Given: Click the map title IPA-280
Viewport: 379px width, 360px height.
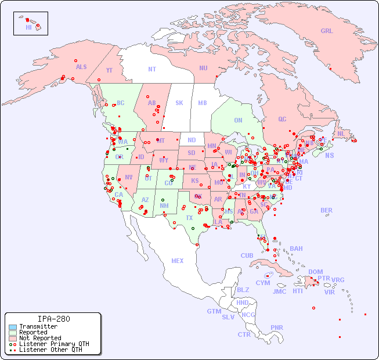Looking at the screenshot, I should pyautogui.click(x=53, y=319).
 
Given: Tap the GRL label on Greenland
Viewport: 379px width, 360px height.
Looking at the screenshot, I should pyautogui.click(x=327, y=31).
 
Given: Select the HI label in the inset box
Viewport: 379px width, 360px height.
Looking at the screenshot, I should pyautogui.click(x=28, y=27).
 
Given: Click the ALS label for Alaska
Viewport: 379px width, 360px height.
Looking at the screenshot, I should pyautogui.click(x=81, y=67).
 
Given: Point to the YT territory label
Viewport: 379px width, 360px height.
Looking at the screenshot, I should pyautogui.click(x=109, y=70).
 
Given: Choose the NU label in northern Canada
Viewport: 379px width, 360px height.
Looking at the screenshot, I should pyautogui.click(x=203, y=68).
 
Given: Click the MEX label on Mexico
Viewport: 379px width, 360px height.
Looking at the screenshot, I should pyautogui.click(x=178, y=261).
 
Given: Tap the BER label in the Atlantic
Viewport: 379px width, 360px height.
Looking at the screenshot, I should pyautogui.click(x=326, y=210).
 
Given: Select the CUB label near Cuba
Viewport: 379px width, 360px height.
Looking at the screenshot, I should pyautogui.click(x=247, y=255).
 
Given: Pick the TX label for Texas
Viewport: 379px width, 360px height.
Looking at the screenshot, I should pyautogui.click(x=189, y=218).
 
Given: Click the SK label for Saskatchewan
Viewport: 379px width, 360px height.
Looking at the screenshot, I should pyautogui.click(x=179, y=103).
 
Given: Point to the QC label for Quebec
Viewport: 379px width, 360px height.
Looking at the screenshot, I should pyautogui.click(x=282, y=119).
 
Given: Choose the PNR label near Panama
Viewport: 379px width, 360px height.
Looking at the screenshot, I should pyautogui.click(x=277, y=327).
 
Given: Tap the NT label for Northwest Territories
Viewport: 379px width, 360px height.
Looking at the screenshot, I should pyautogui.click(x=152, y=69).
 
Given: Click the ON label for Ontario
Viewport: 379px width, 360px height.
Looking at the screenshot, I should pyautogui.click(x=238, y=120).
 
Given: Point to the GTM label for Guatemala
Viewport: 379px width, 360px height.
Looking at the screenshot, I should pyautogui.click(x=214, y=311).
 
